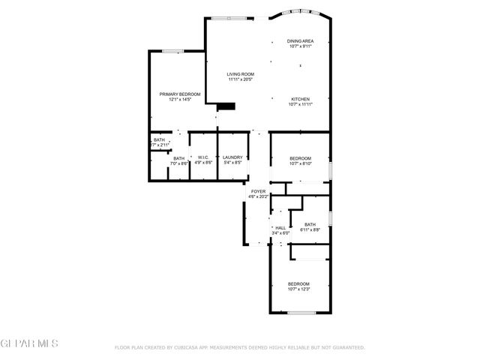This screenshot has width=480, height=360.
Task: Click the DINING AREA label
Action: click(300, 40)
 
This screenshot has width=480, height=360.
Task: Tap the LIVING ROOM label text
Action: click(241, 73)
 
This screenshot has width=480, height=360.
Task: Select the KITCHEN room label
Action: click(300, 99)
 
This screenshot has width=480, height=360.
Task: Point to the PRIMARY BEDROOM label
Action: click(180, 94)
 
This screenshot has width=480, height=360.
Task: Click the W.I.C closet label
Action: click(203, 157)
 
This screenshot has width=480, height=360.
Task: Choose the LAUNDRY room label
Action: click(232, 157)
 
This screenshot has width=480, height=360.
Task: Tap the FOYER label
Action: click(258, 192)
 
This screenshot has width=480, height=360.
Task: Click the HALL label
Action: click(280, 228)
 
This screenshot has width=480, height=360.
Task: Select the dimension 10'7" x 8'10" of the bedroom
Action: click(300, 163)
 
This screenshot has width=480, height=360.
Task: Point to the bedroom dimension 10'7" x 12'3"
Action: click(299, 289)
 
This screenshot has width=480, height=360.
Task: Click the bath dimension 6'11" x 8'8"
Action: click(310, 230)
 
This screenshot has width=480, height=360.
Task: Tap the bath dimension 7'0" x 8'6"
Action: click(179, 163)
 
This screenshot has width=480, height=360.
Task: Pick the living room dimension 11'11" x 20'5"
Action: click(241, 79)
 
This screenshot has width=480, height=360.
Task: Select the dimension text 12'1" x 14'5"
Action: click(180, 100)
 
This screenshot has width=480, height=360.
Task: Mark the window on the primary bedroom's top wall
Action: click(173, 51)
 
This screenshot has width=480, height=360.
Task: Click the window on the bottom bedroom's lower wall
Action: click(299, 313)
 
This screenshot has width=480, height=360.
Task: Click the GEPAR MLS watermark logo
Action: click(29, 343)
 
